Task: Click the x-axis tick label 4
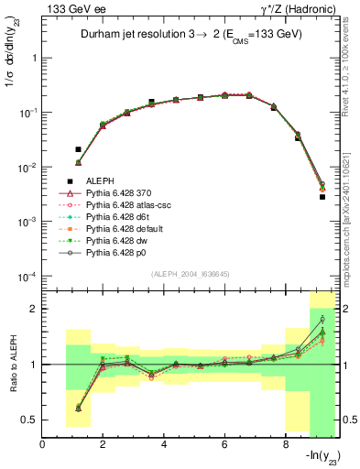(164, 445)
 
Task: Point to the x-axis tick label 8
(285, 445)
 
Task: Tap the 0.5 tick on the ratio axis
(31, 420)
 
